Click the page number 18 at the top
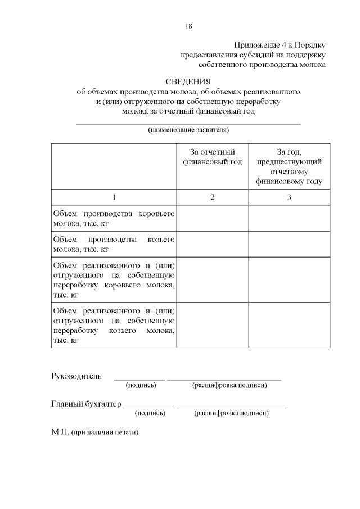pyautogui.click(x=189, y=26)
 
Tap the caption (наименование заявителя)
pyautogui.click(x=188, y=130)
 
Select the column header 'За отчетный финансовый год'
pyautogui.click(x=213, y=157)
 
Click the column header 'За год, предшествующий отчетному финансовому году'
pyautogui.click(x=289, y=166)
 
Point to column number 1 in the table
pyautogui.click(x=114, y=197)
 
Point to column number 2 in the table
pyautogui.click(x=213, y=197)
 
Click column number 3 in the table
pyautogui.click(x=289, y=197)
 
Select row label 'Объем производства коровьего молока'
pyautogui.click(x=114, y=219)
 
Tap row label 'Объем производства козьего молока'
pyautogui.click(x=114, y=245)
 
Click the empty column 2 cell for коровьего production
pyautogui.click(x=213, y=219)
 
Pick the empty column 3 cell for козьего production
pyautogui.click(x=289, y=245)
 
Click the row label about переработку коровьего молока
pyautogui.click(x=114, y=280)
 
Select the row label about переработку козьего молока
pyautogui.click(x=114, y=326)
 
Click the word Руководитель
pyautogui.click(x=76, y=376)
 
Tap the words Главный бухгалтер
pyautogui.click(x=86, y=404)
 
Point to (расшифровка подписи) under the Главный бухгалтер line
pyautogui.click(x=231, y=413)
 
